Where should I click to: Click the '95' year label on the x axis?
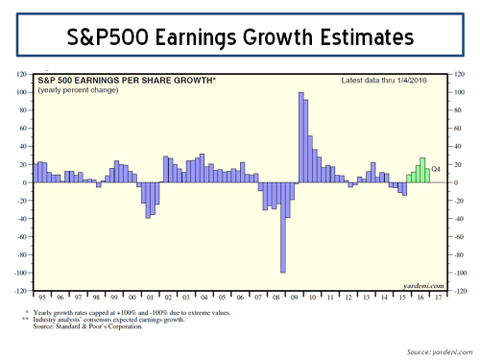coord(41,298)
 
